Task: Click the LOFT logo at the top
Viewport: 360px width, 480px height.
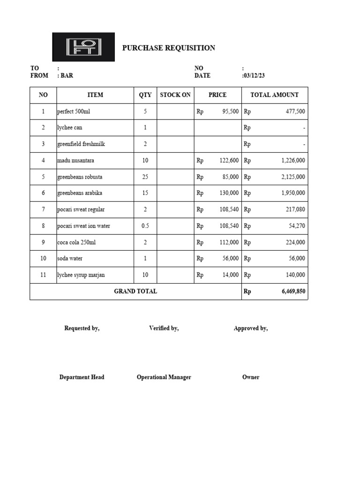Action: [x=83, y=47]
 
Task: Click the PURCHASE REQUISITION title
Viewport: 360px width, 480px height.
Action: [x=169, y=48]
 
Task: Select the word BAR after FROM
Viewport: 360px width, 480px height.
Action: [x=67, y=75]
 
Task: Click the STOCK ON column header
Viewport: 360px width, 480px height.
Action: [x=175, y=95]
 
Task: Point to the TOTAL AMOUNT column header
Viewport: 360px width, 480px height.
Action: [x=274, y=95]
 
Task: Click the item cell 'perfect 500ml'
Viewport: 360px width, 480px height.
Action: [x=74, y=112]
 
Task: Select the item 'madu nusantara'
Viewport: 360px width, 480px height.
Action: [x=75, y=160]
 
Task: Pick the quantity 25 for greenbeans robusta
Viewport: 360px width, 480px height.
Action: [x=145, y=177]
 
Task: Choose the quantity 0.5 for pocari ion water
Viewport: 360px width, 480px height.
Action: [x=145, y=226]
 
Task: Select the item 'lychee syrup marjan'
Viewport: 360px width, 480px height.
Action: [x=82, y=275]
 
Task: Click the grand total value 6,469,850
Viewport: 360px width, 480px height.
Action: [x=293, y=292]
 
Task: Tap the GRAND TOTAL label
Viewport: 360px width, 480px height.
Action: [x=135, y=291]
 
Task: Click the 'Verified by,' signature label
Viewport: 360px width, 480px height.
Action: [x=164, y=328]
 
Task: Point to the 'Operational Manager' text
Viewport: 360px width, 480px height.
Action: [x=164, y=377]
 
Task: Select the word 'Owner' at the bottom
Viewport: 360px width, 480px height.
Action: [x=251, y=377]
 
